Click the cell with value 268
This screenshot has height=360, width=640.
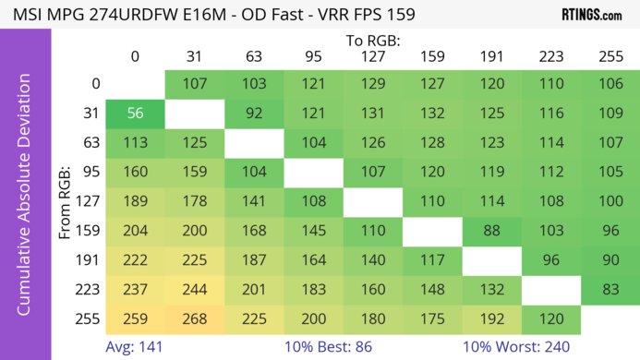(195, 320)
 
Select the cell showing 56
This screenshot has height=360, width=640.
(135, 113)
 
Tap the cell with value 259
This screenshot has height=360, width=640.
(135, 320)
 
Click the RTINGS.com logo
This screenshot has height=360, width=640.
(591, 15)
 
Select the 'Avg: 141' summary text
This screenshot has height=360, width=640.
(137, 347)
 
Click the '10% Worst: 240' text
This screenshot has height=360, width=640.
(522, 347)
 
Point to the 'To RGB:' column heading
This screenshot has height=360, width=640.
(372, 41)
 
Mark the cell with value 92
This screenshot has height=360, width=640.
(254, 113)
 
